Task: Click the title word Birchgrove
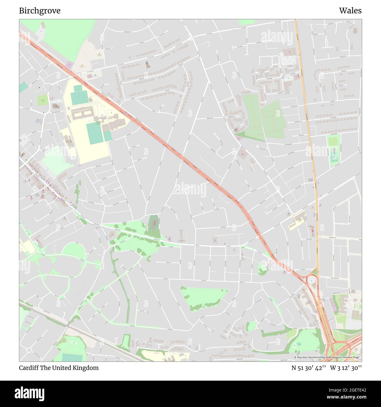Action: [x=40, y=11]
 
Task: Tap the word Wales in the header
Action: [x=350, y=11]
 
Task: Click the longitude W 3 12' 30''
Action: [x=346, y=368]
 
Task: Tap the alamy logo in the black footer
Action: [x=29, y=393]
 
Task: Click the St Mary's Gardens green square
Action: [x=43, y=100]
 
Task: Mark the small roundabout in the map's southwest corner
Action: [x=29, y=350]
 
